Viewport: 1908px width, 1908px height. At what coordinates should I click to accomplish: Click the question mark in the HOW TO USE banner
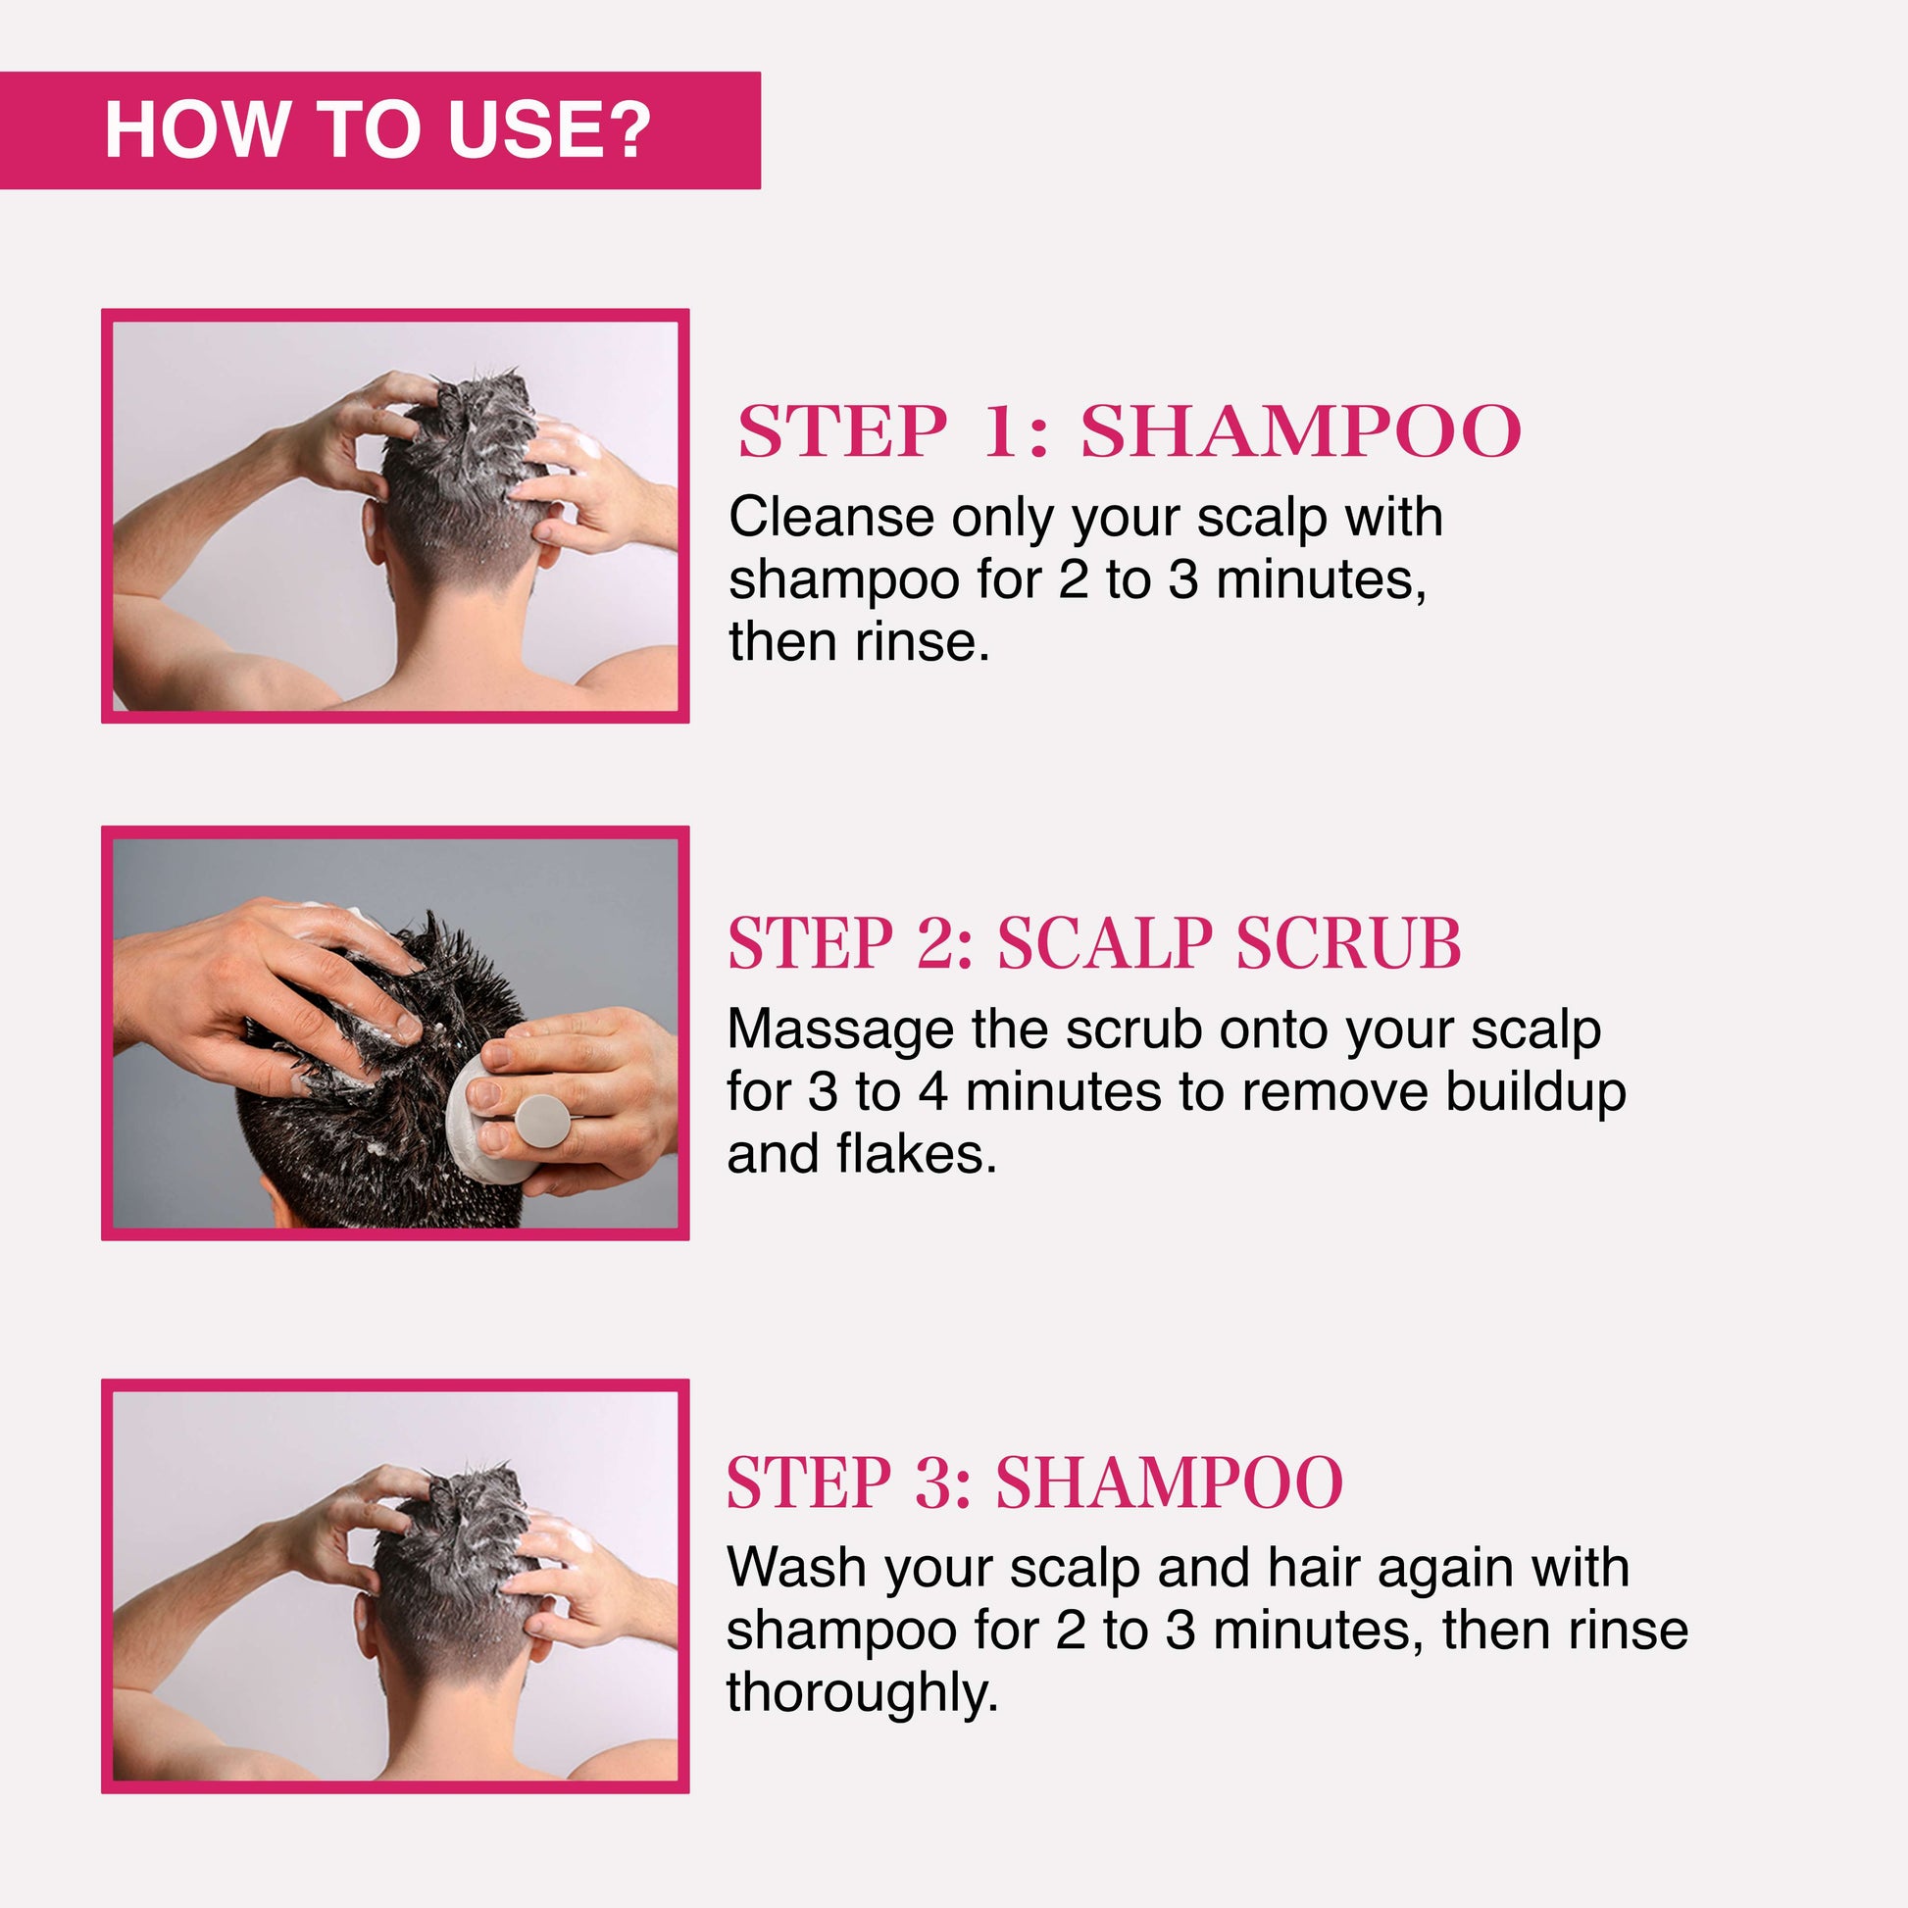point(625,129)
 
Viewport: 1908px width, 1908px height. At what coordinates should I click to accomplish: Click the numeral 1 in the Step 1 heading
point(1000,431)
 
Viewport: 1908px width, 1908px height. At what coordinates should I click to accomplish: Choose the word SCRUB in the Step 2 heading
point(1348,943)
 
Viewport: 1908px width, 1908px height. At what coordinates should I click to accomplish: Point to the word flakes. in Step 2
point(917,1153)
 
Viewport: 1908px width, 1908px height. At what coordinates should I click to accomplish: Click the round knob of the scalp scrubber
point(541,1121)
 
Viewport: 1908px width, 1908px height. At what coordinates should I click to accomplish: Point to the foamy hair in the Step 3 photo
point(459,1540)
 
